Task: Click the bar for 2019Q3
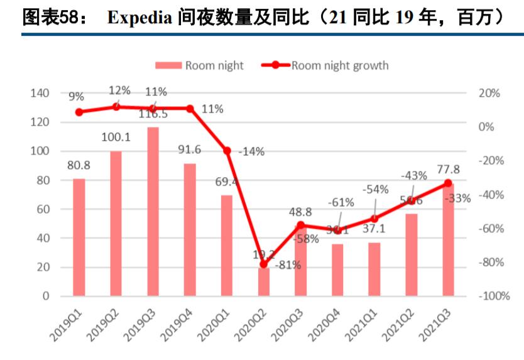coord(153,211)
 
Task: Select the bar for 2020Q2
coord(264,281)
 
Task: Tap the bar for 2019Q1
coord(79,237)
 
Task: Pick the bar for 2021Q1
coord(374,269)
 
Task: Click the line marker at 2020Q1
coord(227,151)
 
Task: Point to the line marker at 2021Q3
coord(448,183)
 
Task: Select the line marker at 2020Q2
coord(264,265)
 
